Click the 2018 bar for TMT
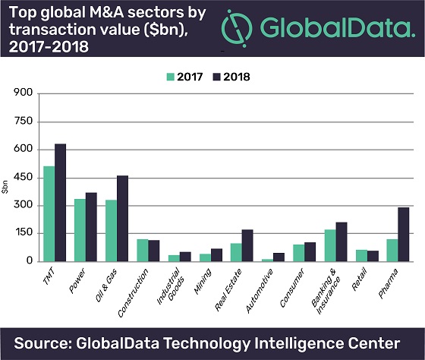point(60,202)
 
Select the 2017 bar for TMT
point(49,213)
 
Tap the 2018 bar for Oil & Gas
point(122,218)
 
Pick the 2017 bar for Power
point(80,230)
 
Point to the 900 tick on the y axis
point(22,93)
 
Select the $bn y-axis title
point(6,185)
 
